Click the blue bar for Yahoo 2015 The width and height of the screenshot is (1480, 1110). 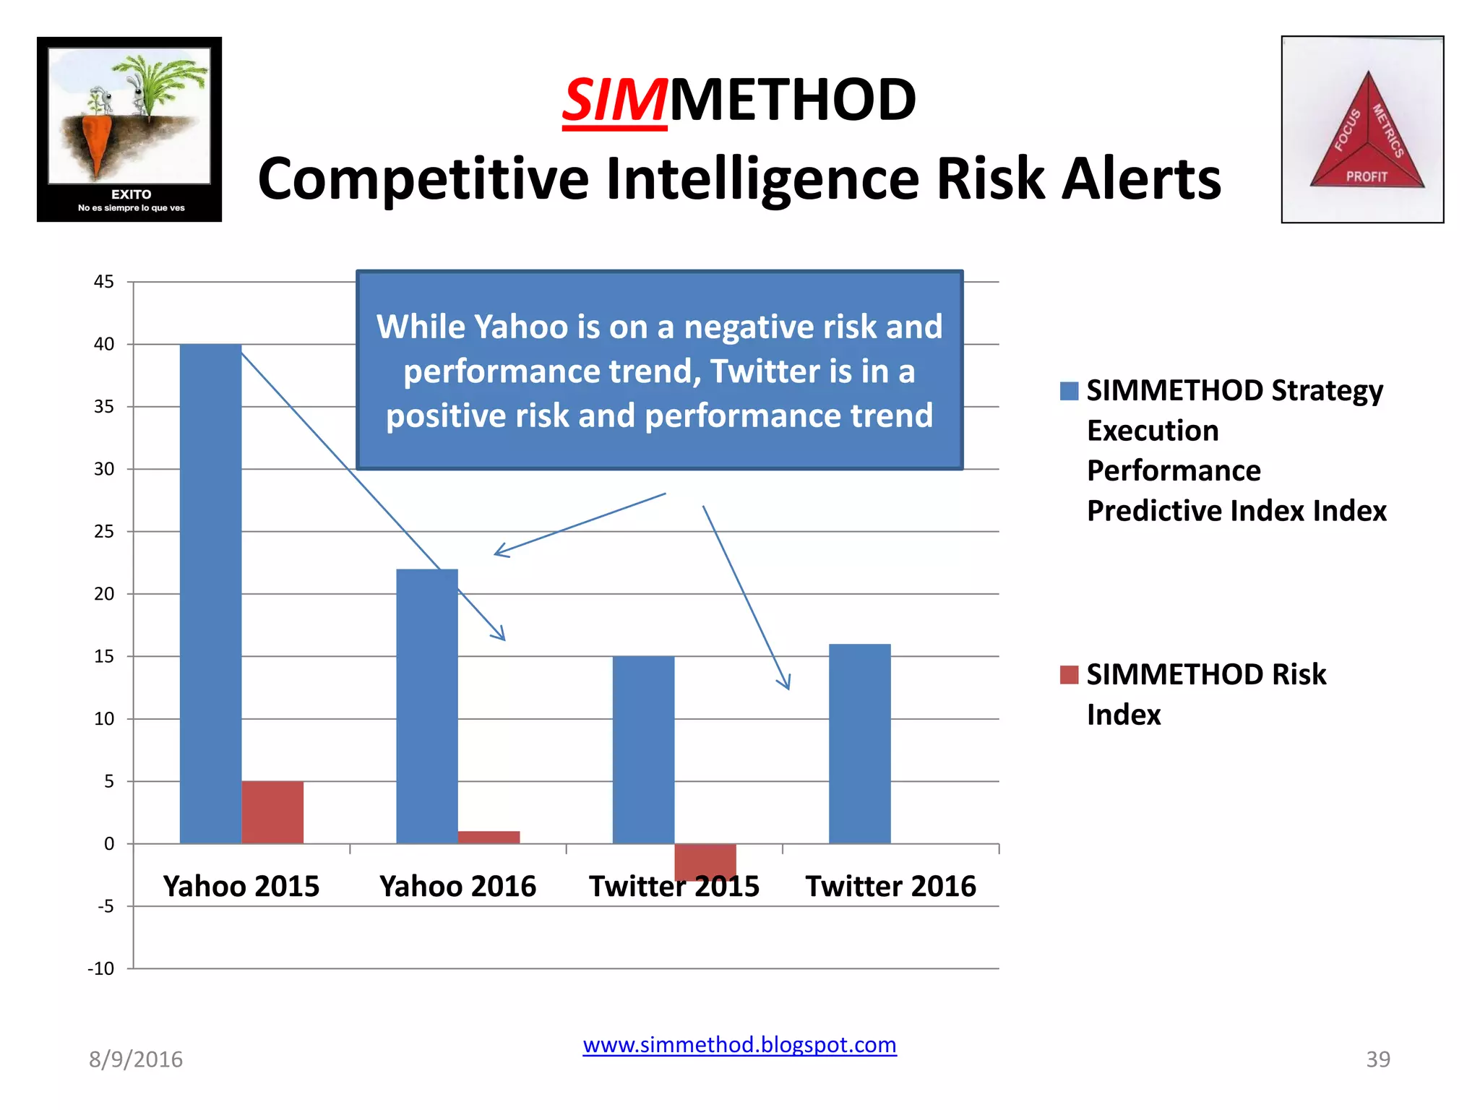point(210,593)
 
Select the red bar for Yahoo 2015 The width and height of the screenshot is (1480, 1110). point(272,812)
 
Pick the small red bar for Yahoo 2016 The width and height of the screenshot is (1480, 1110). point(489,837)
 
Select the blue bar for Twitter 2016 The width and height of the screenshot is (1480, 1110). point(859,744)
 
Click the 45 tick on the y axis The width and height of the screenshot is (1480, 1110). point(104,282)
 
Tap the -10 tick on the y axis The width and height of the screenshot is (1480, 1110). point(101,969)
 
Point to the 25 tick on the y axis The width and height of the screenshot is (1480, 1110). point(104,532)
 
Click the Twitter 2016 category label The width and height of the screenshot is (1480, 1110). point(890,886)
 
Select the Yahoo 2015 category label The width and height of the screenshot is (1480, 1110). point(241,886)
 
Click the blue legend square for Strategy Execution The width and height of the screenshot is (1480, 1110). point(1069,391)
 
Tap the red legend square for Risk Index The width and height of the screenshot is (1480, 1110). point(1069,675)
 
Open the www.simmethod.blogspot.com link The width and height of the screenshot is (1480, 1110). point(739,1045)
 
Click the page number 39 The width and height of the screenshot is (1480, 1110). point(1377,1059)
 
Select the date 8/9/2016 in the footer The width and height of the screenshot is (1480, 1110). point(136,1059)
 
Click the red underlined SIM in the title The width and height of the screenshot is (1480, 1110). point(614,101)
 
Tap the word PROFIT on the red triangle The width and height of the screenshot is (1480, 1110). point(1367,176)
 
